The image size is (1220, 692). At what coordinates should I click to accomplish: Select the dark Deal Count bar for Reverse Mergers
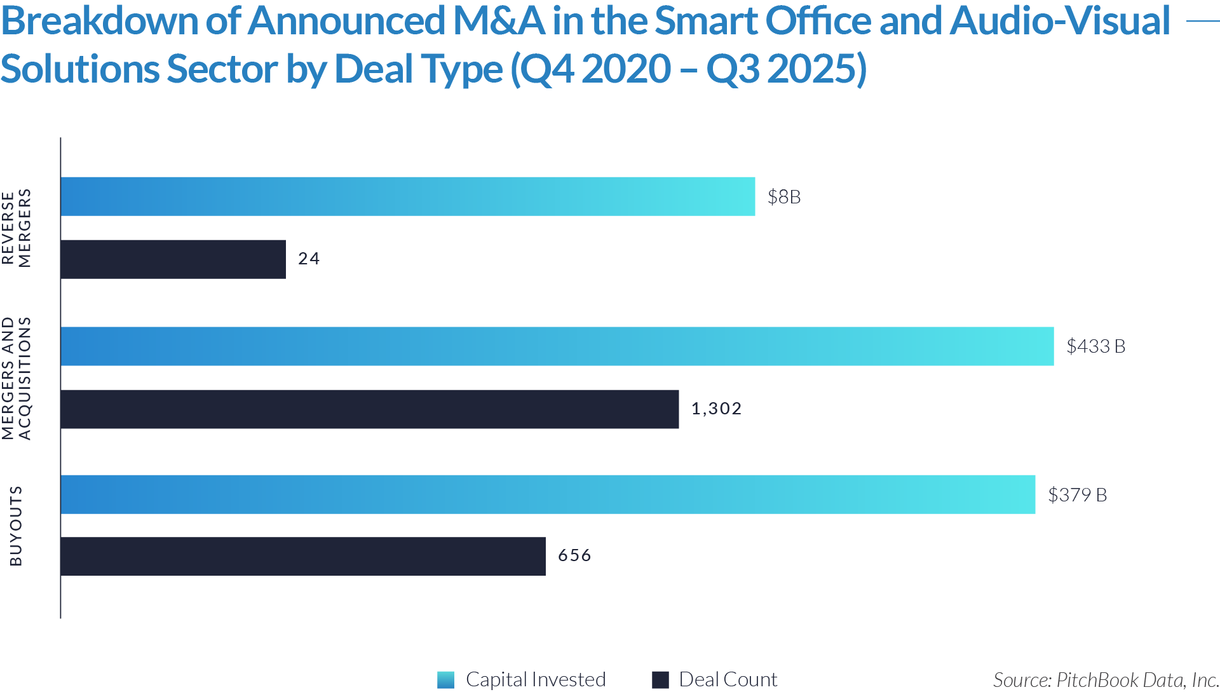[x=173, y=259]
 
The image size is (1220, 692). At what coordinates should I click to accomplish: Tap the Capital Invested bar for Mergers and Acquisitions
[x=557, y=346]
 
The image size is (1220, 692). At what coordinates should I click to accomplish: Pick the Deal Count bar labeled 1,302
[x=370, y=409]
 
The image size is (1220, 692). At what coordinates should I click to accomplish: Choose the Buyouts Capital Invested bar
[x=548, y=494]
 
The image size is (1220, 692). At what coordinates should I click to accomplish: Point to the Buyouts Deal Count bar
[x=303, y=557]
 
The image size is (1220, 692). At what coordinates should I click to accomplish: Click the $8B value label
[x=784, y=197]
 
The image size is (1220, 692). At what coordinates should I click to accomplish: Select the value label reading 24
[x=309, y=259]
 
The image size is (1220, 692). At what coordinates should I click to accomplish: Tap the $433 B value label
[x=1095, y=346]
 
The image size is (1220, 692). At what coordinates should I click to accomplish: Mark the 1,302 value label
[x=716, y=409]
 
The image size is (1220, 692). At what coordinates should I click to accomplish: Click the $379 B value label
[x=1077, y=495]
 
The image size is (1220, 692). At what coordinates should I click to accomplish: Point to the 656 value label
[x=574, y=555]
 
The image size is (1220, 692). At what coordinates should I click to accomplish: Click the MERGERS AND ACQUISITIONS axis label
[x=17, y=378]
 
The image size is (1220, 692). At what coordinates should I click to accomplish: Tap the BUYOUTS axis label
[x=16, y=526]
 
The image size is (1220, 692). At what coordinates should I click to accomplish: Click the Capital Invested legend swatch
[x=446, y=680]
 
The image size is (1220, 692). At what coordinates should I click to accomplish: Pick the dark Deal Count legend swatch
[x=661, y=680]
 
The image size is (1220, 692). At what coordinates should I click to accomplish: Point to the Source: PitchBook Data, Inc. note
[x=1105, y=680]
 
